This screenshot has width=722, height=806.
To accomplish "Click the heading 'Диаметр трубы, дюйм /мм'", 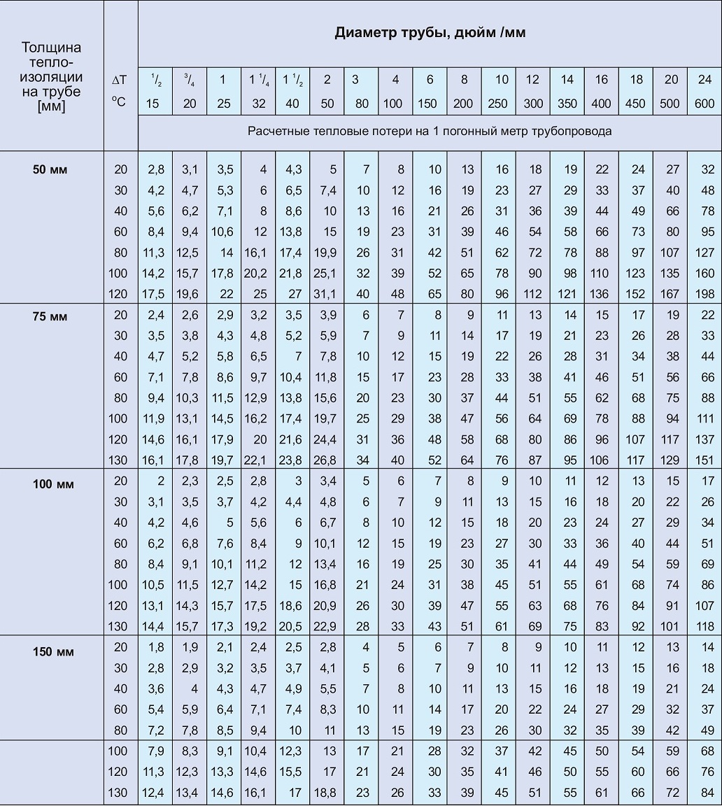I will coord(430,33).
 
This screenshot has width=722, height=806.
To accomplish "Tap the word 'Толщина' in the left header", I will coord(51,48).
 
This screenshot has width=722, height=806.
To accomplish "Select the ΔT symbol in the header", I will coord(119,80).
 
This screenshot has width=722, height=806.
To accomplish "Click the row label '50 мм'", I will coord(50,169).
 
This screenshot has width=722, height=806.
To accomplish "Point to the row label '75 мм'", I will coord(50,316).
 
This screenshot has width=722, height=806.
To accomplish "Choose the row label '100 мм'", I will coord(50,484).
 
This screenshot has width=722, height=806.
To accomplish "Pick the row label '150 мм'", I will coord(50,652).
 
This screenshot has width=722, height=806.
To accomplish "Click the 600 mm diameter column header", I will coord(705,104).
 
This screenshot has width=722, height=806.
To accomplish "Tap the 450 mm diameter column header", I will coord(636,104).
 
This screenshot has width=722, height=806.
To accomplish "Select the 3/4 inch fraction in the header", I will coord(190,80).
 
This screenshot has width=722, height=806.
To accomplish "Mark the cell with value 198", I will coord(705,295).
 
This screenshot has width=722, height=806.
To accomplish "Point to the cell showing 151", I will coord(705,460).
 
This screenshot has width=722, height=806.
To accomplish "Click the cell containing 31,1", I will coord(327,295).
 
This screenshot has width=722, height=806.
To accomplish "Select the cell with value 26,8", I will coord(327,460).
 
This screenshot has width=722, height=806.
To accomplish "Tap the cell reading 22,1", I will coord(258,460).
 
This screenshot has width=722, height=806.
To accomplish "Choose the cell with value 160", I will coord(705,274).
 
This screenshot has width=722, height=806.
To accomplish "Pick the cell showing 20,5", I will coord(292,627).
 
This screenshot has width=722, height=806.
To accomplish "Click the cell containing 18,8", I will coord(327,793).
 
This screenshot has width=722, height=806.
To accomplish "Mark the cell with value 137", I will coord(705,439).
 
